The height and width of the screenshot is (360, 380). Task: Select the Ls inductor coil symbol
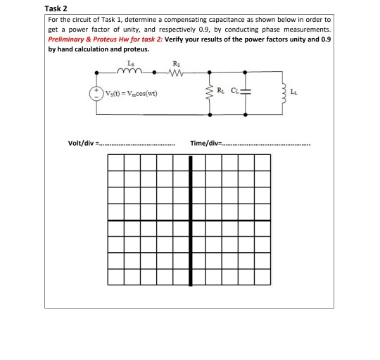pos(132,70)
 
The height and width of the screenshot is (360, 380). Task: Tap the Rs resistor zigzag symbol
pos(176,70)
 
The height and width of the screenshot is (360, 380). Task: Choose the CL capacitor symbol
pos(244,92)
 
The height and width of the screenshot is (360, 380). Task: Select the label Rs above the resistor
pos(175,63)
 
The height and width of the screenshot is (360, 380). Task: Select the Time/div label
pos(205,144)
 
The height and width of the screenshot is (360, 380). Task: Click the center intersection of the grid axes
pos(189,220)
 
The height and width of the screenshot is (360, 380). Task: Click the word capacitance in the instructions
pos(213,20)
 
